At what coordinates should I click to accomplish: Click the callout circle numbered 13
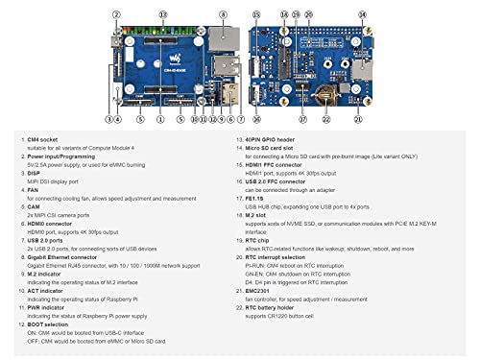pos(162,15)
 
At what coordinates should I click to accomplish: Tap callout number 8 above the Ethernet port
pos(223,15)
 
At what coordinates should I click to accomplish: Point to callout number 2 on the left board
pos(116,15)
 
